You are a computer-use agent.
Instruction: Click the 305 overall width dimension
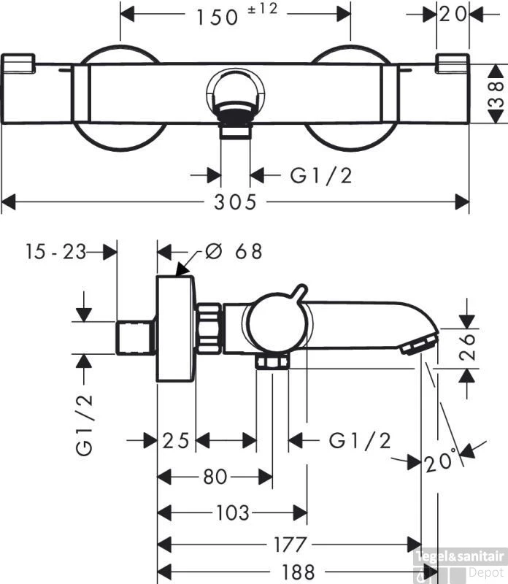coord(235,202)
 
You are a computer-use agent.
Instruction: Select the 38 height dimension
coord(496,94)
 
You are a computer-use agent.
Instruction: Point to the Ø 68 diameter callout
coord(234,251)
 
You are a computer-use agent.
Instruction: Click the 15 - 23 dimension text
coord(56,251)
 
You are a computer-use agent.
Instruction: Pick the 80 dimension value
coord(215,477)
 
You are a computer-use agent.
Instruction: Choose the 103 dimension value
coord(233,512)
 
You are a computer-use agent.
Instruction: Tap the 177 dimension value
coord(290,545)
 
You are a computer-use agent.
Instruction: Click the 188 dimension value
coord(298,572)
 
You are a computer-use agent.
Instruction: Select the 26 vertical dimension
coord(467,347)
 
